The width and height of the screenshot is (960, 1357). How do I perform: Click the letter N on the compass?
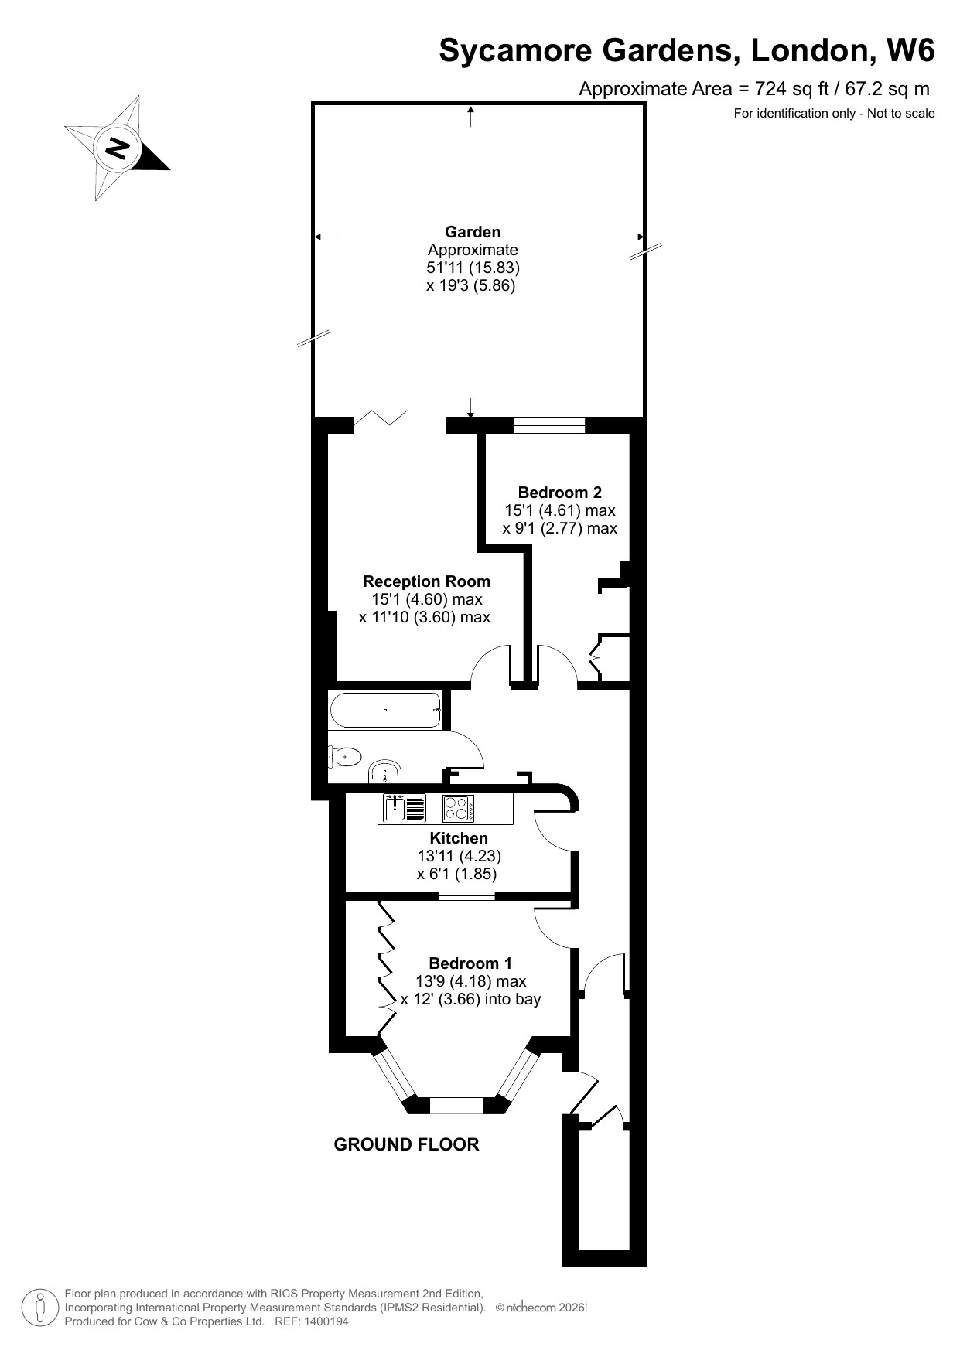tap(118, 147)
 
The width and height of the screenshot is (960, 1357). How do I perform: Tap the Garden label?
tap(473, 232)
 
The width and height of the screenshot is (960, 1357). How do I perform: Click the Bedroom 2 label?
tap(559, 493)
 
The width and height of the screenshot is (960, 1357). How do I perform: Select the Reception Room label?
tap(426, 581)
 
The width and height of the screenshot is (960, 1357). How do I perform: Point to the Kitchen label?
tap(459, 838)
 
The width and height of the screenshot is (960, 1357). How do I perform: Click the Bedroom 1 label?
tap(470, 963)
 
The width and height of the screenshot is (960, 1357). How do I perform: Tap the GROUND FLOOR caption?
tap(406, 1144)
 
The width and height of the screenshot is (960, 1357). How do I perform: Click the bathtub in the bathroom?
tap(385, 710)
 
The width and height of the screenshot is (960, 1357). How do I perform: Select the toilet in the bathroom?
tap(345, 756)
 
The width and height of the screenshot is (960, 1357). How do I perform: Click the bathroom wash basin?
tap(385, 772)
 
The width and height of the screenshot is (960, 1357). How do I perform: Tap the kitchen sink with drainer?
tap(404, 808)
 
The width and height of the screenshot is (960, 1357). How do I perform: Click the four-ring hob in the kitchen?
tap(458, 808)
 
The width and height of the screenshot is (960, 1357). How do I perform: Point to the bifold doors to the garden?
tap(381, 421)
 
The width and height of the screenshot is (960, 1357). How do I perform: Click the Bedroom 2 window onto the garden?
tap(549, 424)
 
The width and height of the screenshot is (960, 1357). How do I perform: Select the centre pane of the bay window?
tap(456, 1106)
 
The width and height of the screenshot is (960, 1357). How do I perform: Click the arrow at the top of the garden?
tap(471, 117)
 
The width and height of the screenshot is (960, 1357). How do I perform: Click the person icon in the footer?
tap(39, 1308)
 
